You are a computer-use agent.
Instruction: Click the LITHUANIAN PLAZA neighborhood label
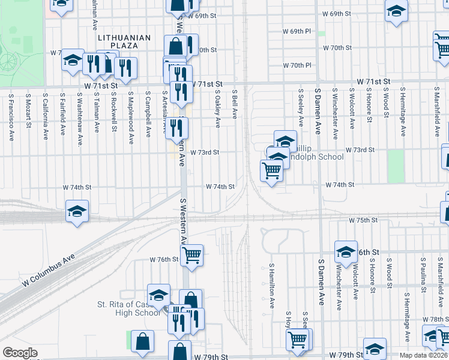(x=125, y=41)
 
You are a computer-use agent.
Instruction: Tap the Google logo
(x=20, y=353)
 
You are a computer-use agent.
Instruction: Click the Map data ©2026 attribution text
(x=422, y=355)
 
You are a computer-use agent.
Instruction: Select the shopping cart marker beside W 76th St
(x=191, y=254)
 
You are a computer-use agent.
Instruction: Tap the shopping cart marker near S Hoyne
(x=297, y=339)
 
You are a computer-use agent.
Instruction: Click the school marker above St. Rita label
(x=158, y=295)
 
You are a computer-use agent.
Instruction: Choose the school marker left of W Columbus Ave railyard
(x=77, y=211)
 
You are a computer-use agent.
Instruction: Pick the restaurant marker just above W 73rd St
(x=176, y=127)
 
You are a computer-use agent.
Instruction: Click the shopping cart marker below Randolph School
(x=271, y=170)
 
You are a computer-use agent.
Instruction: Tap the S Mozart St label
(x=28, y=110)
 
